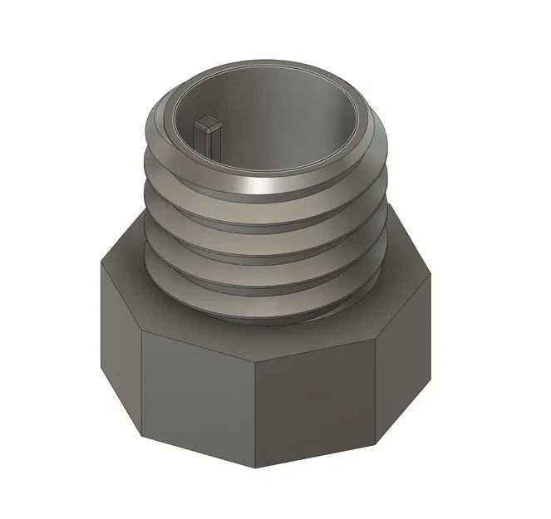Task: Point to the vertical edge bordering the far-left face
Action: click(142, 382)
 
